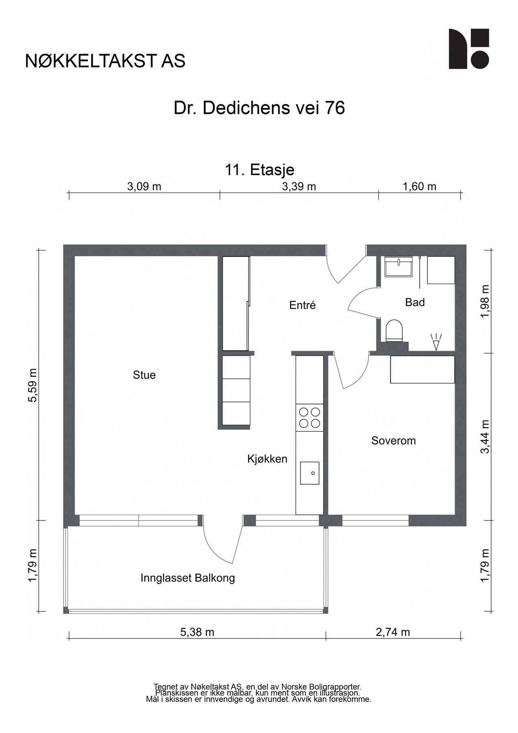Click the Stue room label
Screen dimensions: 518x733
point(144,375)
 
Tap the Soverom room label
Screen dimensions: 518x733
point(393,441)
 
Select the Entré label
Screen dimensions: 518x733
point(302,305)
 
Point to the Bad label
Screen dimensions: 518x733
point(415,302)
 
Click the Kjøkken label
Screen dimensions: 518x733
point(267,459)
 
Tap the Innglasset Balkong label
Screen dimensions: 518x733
point(188,578)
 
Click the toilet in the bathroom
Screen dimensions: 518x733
point(393,330)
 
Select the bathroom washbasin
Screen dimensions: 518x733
point(399,267)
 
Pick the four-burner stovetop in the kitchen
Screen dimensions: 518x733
point(309,417)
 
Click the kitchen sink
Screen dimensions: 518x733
point(310,473)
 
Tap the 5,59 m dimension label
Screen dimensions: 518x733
point(33,385)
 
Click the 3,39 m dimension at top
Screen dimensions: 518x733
point(299,187)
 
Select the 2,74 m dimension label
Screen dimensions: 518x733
point(393,632)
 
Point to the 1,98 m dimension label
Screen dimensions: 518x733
point(485,302)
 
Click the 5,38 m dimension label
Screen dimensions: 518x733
point(197,632)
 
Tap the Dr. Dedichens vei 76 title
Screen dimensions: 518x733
point(259,108)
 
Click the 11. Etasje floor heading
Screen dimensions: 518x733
point(259,169)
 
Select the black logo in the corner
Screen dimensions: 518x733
point(469,49)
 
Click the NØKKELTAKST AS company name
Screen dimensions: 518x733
point(105,61)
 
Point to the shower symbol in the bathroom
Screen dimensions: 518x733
point(436,342)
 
